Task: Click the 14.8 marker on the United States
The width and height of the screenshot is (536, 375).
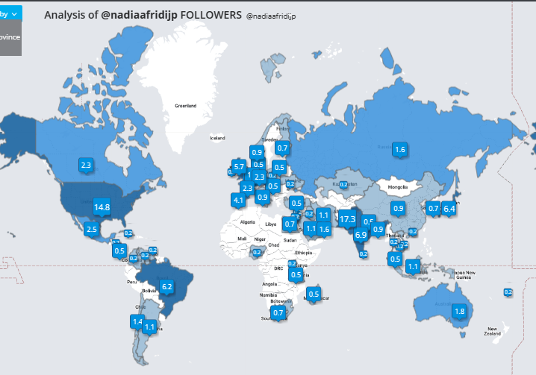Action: pyautogui.click(x=102, y=207)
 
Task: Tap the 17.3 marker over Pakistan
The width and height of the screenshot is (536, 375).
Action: pyautogui.click(x=348, y=219)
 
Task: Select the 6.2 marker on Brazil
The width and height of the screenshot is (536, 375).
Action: pyautogui.click(x=166, y=286)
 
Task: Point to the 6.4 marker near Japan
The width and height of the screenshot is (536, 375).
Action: pyautogui.click(x=449, y=209)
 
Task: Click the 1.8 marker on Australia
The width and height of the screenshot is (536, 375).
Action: pyautogui.click(x=460, y=311)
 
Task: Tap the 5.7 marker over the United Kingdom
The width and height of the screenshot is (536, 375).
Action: pyautogui.click(x=239, y=166)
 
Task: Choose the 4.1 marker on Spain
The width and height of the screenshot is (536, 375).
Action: pyautogui.click(x=238, y=200)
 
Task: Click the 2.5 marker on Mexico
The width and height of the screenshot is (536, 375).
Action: pyautogui.click(x=92, y=229)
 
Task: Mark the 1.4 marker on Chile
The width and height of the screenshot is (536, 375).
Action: pyautogui.click(x=137, y=321)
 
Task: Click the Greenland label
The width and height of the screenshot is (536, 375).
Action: pyautogui.click(x=185, y=106)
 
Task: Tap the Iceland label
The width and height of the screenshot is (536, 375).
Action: pyautogui.click(x=217, y=138)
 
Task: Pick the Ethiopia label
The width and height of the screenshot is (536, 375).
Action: pyautogui.click(x=303, y=252)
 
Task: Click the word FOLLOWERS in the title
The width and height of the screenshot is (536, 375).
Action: pyautogui.click(x=211, y=15)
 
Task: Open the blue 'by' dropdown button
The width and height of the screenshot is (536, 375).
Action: pyautogui.click(x=11, y=13)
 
